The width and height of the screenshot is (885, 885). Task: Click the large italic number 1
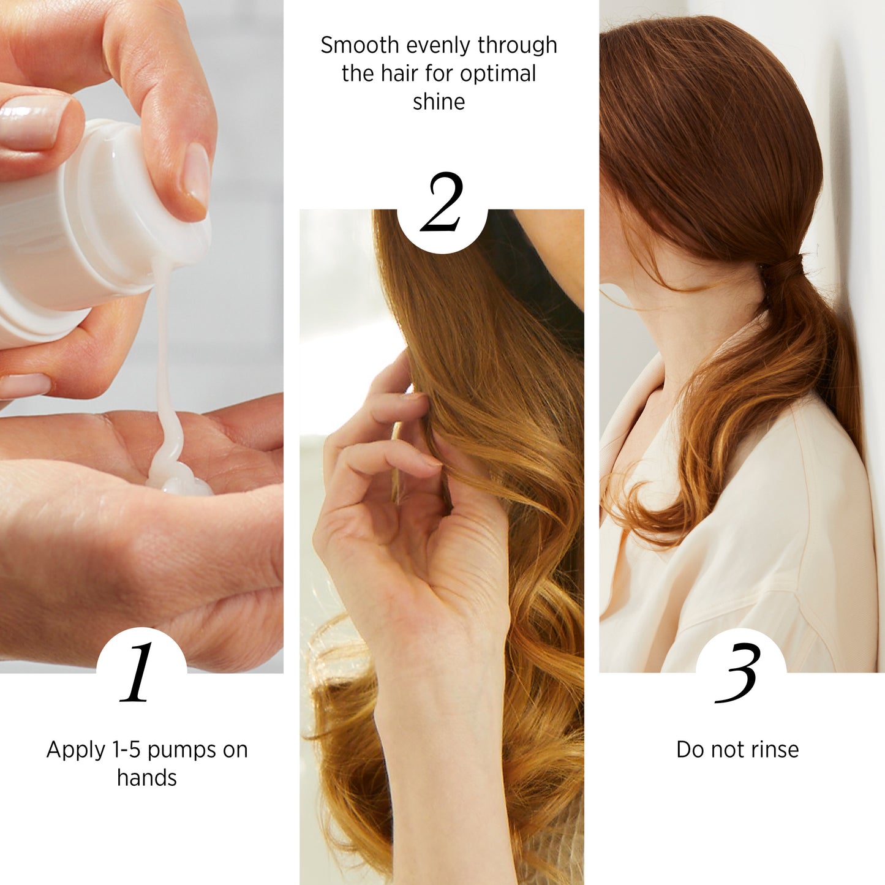[138, 672]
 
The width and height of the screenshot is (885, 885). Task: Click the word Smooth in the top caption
[360, 45]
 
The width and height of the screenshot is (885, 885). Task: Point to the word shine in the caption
[439, 102]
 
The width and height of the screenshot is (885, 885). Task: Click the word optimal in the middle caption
[497, 73]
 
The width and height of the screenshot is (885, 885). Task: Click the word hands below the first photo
[147, 778]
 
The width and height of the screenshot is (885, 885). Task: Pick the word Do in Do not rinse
[690, 750]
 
